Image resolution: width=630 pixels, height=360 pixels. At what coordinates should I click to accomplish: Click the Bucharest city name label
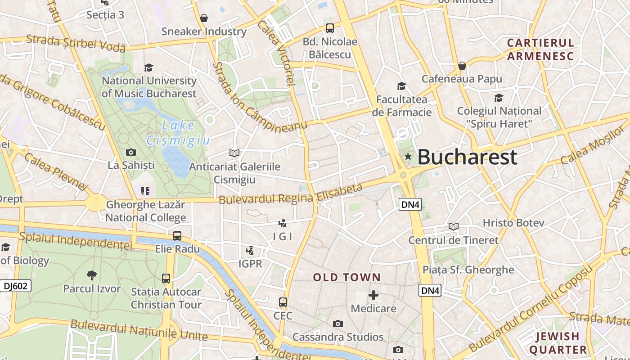pos(467,157)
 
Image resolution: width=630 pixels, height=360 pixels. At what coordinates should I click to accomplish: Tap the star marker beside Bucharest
pos(408,157)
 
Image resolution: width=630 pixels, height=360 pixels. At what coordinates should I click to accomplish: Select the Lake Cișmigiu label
pos(178,133)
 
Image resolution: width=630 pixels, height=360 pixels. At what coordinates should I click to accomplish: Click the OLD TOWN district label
pos(347,277)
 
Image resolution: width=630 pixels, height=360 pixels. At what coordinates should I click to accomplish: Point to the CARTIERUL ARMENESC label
pos(540,49)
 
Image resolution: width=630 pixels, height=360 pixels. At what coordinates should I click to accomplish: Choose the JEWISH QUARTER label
pos(558,343)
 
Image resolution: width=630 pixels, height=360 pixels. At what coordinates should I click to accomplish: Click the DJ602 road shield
pos(16,286)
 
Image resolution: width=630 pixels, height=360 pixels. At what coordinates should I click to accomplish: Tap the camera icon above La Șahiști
pos(131,152)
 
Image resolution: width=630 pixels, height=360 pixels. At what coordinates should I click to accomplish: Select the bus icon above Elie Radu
pos(177,235)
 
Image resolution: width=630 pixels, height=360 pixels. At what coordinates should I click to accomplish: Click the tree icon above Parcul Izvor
pos(92,275)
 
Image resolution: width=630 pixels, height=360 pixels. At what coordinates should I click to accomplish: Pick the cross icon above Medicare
pos(373,295)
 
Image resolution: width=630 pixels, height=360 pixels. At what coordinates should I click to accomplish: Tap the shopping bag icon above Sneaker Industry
pos(204,18)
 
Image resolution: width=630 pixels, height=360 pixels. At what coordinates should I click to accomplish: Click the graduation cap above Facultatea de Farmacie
pos(401,86)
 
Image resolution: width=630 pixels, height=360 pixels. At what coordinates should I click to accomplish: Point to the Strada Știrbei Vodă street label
pos(76,43)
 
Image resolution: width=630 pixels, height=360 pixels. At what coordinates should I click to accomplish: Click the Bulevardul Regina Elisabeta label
pos(291,193)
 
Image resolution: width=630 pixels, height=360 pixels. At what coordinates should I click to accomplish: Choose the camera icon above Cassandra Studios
pos(338,324)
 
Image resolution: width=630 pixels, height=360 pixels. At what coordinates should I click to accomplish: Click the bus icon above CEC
pos(283,302)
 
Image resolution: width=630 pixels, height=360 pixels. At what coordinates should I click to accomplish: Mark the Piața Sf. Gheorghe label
pos(468,270)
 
